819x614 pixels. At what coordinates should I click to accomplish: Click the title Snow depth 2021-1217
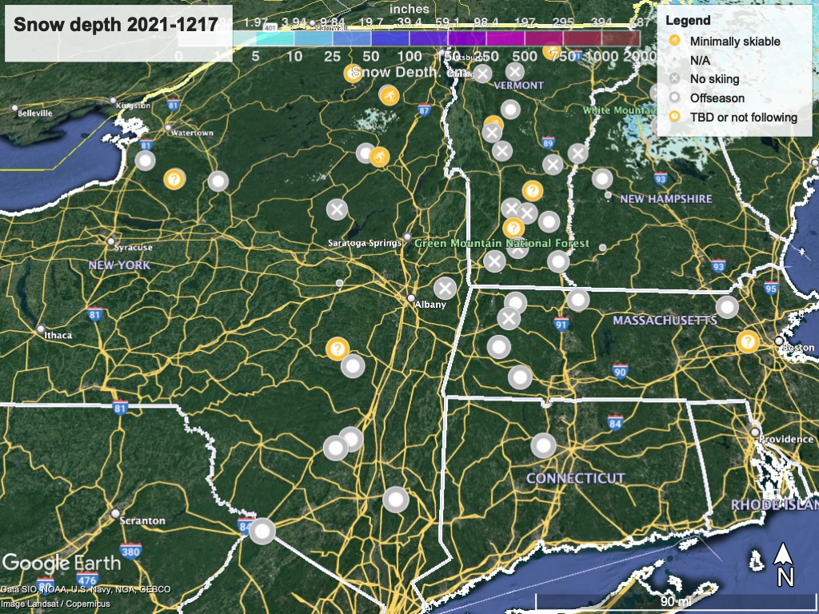pos(115,24)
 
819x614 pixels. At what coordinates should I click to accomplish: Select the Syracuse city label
pos(134,248)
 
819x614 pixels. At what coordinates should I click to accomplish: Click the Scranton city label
pos(142,520)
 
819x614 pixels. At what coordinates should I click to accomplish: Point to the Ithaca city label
pos(58,335)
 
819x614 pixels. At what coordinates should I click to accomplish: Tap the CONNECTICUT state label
pos(575,478)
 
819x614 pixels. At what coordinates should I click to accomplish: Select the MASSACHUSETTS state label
pos(665,321)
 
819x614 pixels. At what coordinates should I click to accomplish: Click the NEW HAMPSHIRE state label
pos(665,198)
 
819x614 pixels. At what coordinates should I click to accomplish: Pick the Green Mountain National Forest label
pos(501,243)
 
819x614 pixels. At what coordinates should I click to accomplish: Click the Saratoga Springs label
pos(362,243)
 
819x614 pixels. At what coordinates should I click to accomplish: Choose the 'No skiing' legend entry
pos(714,79)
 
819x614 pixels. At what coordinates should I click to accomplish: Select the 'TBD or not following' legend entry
pos(743,118)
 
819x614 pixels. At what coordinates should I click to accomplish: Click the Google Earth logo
pos(62,563)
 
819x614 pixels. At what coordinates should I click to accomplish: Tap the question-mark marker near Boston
pos(747,341)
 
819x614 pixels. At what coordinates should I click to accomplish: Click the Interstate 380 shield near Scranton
pos(131,551)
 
